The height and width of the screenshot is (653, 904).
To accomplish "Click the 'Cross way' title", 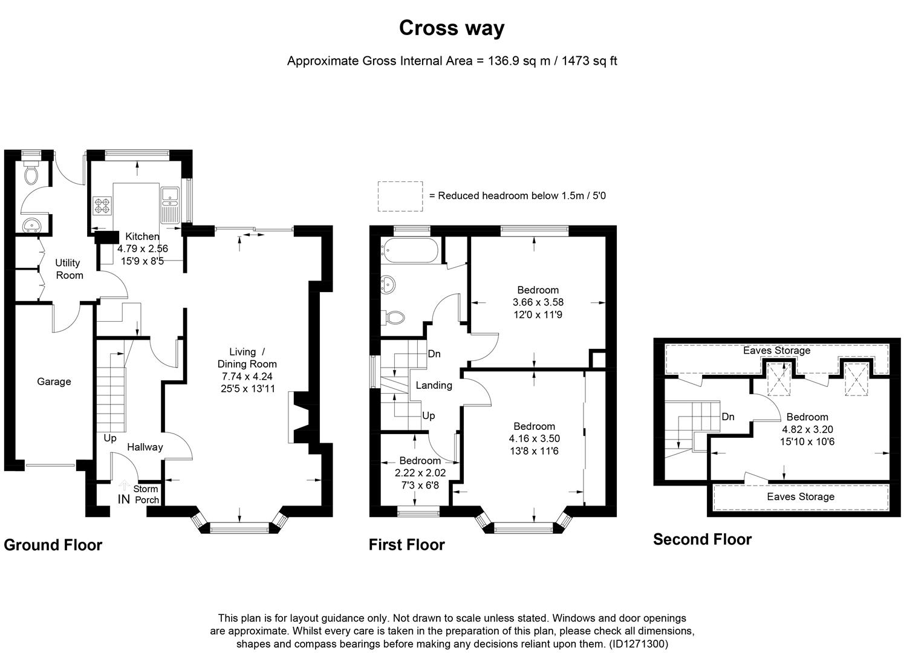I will pyautogui.click(x=451, y=28).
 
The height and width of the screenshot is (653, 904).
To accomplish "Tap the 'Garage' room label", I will pyautogui.click(x=54, y=382).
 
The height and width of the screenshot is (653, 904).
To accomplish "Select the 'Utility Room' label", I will pyautogui.click(x=68, y=269).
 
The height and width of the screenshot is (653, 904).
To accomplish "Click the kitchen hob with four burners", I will pyautogui.click(x=102, y=206).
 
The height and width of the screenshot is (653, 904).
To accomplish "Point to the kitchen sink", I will pyautogui.click(x=169, y=195).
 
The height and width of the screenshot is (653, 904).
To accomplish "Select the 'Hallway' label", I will pyautogui.click(x=145, y=447).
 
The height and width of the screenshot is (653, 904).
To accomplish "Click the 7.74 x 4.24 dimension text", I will pyautogui.click(x=247, y=376).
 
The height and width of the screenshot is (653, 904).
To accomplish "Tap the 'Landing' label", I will pyautogui.click(x=434, y=385).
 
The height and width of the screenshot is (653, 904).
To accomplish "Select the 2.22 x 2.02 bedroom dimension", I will pyautogui.click(x=420, y=473).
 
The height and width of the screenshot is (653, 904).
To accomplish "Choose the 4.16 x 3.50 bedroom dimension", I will pyautogui.click(x=534, y=438).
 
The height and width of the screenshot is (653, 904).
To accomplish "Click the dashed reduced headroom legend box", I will pyautogui.click(x=400, y=196).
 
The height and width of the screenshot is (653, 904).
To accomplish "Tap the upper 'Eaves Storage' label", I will pyautogui.click(x=776, y=350).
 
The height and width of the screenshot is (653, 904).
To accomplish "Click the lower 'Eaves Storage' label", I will pyautogui.click(x=800, y=496).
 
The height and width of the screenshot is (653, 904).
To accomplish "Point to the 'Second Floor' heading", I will pyautogui.click(x=702, y=539).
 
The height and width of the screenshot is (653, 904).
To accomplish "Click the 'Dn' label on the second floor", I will pyautogui.click(x=728, y=417).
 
